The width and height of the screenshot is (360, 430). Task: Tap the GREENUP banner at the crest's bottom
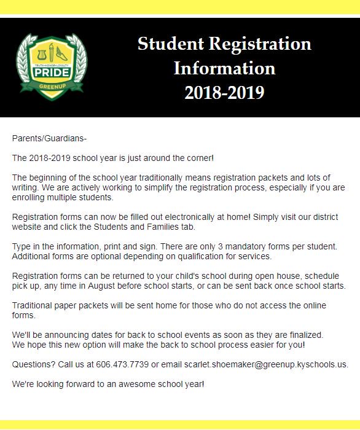[x=52, y=87]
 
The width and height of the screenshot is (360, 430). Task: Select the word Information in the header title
[x=224, y=68]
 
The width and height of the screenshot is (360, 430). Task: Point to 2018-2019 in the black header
[x=224, y=92]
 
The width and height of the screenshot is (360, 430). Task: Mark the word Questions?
[x=31, y=364]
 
